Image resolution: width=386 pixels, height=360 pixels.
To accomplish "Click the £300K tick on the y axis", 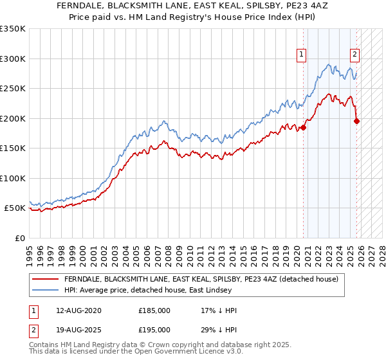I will (12, 59).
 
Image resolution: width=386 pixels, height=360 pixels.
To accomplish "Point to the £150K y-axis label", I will (12, 148).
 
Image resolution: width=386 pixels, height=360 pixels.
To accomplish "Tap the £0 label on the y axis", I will (19, 239).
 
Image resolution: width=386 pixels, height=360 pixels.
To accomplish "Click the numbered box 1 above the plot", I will (302, 55).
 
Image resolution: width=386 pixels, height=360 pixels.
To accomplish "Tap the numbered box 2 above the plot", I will (354, 55).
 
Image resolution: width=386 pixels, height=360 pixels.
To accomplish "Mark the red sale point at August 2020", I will (304, 127).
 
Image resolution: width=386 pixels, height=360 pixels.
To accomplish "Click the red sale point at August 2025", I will (357, 121).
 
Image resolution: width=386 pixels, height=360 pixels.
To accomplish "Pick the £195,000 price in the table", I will (154, 329).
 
